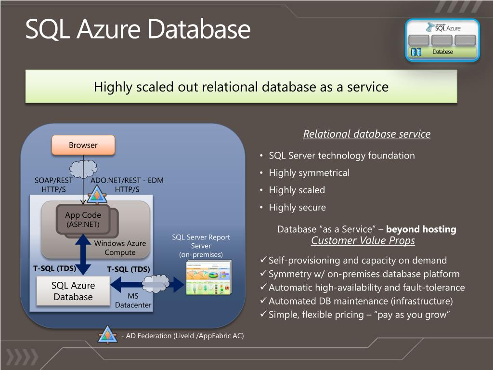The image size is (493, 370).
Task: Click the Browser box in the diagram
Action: click(83, 145)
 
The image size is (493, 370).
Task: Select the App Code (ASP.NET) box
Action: click(83, 220)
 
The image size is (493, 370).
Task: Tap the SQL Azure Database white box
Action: click(73, 291)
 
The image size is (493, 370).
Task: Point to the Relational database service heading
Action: click(366, 134)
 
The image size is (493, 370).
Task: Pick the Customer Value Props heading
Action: click(363, 241)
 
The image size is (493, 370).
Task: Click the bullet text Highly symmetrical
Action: click(309, 173)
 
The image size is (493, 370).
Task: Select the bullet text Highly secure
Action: click(297, 208)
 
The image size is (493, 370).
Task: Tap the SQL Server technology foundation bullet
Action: click(341, 156)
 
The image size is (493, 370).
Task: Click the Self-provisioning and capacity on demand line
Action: click(357, 261)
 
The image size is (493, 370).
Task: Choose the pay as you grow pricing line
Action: click(359, 315)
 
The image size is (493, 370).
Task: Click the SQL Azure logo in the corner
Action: click(442, 40)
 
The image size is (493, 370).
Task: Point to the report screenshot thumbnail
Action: click(208, 278)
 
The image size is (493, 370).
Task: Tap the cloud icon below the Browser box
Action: click(83, 169)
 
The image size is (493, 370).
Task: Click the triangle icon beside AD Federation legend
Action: click(107, 335)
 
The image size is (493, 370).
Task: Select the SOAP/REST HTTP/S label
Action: click(53, 185)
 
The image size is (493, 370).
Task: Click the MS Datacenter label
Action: click(133, 301)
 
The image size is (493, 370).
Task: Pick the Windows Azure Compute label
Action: click(120, 248)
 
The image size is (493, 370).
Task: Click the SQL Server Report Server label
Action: click(201, 246)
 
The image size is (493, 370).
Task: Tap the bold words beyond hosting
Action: click(421, 229)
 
